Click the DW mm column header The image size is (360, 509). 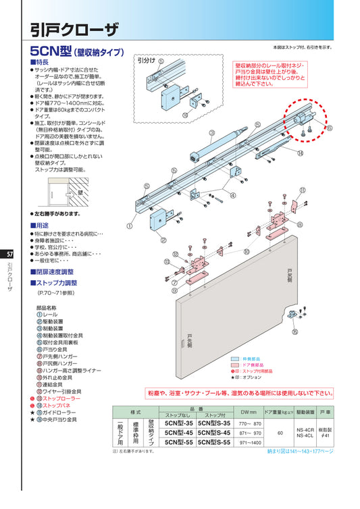pos(248,410)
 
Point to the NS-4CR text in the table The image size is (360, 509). pos(305,428)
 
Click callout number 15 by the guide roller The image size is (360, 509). pos(294,332)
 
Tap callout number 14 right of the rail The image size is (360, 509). pos(300,154)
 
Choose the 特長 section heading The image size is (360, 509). pos(45,61)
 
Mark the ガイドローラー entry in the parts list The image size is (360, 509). pos(61,412)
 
